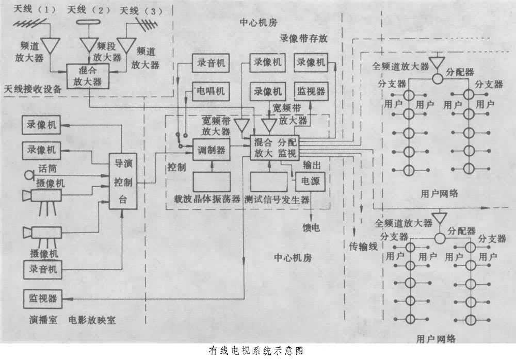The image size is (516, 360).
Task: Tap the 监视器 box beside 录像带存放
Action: [x=311, y=91]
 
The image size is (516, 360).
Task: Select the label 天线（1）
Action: [x=29, y=9]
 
